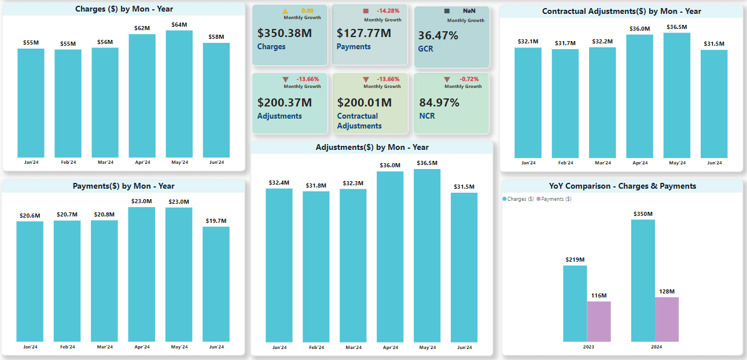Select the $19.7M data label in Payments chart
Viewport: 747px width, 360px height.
[216, 221]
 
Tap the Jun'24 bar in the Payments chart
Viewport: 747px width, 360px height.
[216, 284]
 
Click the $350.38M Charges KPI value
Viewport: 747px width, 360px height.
[285, 34]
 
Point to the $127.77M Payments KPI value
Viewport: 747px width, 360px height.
[364, 34]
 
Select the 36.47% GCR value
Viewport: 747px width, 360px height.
[438, 36]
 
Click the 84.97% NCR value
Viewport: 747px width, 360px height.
[439, 103]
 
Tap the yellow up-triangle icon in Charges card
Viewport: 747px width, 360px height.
[285, 11]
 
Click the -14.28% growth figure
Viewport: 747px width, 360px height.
[388, 11]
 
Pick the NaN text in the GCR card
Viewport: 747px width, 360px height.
[469, 11]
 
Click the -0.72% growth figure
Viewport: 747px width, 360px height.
[469, 79]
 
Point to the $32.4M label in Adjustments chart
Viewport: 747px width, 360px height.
[279, 183]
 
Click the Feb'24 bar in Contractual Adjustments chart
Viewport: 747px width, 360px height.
[565, 104]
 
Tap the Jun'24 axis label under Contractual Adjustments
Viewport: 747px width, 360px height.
[714, 163]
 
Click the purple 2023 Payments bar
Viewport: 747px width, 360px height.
[599, 321]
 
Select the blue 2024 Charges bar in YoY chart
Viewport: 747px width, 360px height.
[643, 281]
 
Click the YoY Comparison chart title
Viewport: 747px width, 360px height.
[623, 186]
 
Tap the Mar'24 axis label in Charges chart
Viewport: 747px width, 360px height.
[105, 163]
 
